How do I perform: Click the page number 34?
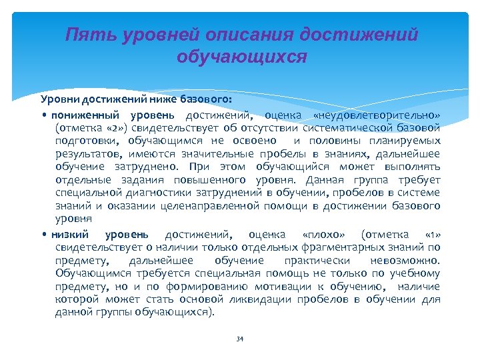[x=240, y=339]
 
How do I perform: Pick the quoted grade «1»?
[x=431, y=235]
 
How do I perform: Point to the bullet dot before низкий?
[x=43, y=235]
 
